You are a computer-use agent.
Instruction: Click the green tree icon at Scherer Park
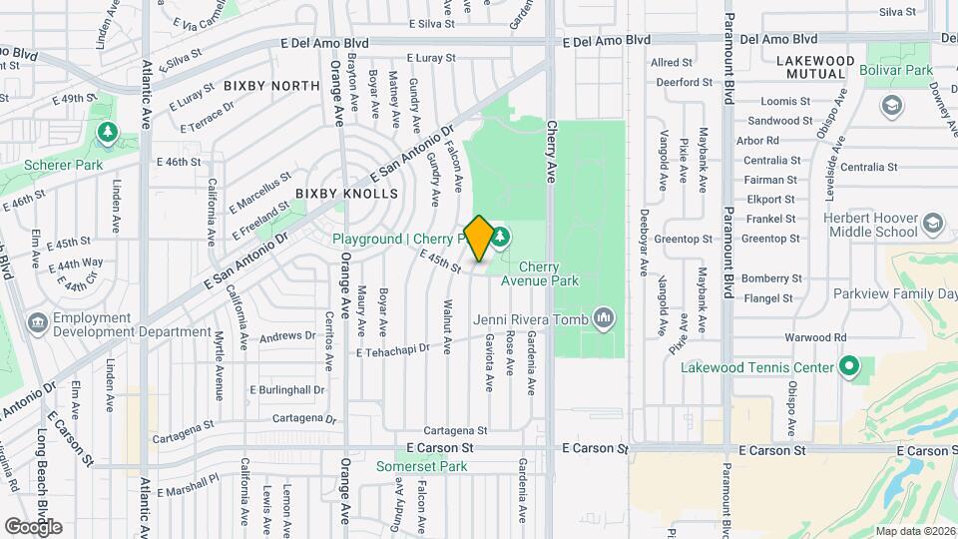click(x=106, y=132)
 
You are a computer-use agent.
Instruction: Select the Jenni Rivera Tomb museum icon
click(x=603, y=318)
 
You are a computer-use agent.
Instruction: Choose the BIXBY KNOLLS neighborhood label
click(x=346, y=194)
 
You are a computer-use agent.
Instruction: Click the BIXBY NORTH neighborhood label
click(x=271, y=86)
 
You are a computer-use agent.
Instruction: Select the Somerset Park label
click(x=422, y=466)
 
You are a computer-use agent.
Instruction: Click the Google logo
click(x=33, y=527)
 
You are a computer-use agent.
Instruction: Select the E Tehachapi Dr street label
click(x=392, y=350)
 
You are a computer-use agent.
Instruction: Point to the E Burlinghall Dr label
click(x=287, y=389)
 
